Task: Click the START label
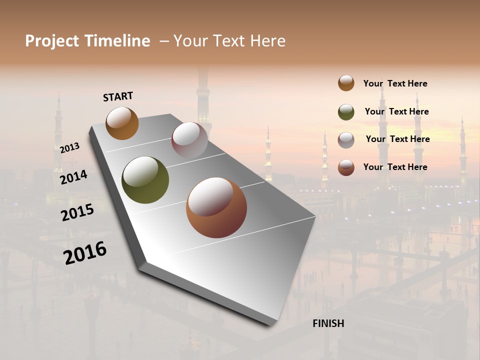click(x=118, y=96)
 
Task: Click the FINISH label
click(x=328, y=323)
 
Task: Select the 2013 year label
click(x=69, y=148)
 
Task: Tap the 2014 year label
click(x=73, y=177)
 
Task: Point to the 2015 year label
click(x=77, y=212)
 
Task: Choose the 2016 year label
click(x=85, y=253)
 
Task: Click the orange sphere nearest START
click(x=122, y=123)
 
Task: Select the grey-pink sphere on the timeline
click(x=189, y=140)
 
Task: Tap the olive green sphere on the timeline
click(x=145, y=180)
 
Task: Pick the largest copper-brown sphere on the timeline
click(x=216, y=207)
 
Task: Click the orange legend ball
click(x=346, y=83)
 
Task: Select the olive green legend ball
click(x=346, y=112)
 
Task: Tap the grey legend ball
click(x=346, y=140)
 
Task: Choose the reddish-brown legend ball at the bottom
click(x=346, y=167)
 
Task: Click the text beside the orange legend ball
click(x=395, y=83)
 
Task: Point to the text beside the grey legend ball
click(x=397, y=139)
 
